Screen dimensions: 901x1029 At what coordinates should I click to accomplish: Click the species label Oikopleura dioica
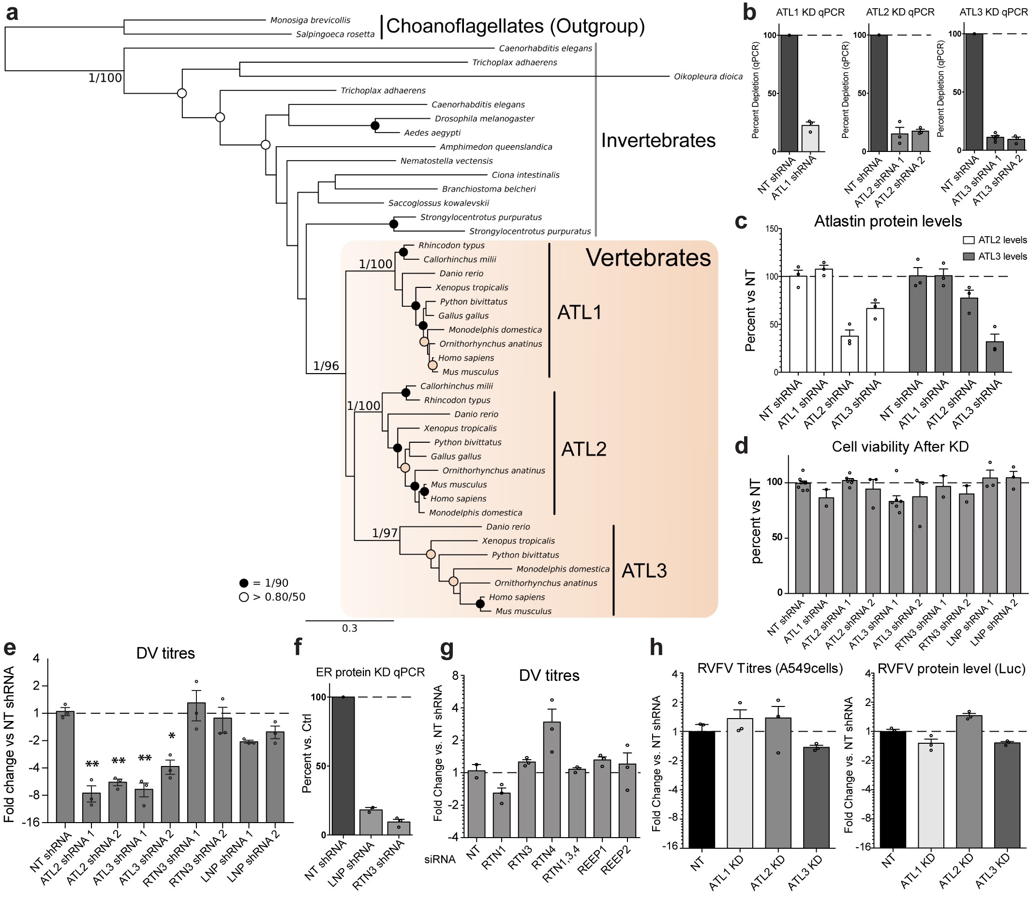[708, 76]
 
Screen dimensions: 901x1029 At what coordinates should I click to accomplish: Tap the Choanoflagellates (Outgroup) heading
[515, 26]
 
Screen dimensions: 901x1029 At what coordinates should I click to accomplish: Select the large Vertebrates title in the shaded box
[648, 257]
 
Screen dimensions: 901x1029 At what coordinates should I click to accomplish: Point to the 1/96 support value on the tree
[326, 365]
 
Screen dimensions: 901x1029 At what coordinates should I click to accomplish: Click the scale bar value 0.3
[349, 628]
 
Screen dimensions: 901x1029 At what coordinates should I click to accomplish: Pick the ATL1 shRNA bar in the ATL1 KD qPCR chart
[810, 138]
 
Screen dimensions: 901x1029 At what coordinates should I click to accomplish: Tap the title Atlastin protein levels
[888, 221]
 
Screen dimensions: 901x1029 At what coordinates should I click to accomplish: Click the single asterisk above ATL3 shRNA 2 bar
[171, 736]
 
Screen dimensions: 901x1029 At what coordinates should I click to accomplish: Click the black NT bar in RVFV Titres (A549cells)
[701, 789]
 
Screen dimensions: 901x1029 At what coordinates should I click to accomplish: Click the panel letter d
[742, 446]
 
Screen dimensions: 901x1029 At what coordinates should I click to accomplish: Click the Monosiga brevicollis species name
[310, 20]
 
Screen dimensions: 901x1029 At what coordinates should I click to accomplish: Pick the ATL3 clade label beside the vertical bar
[644, 571]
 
